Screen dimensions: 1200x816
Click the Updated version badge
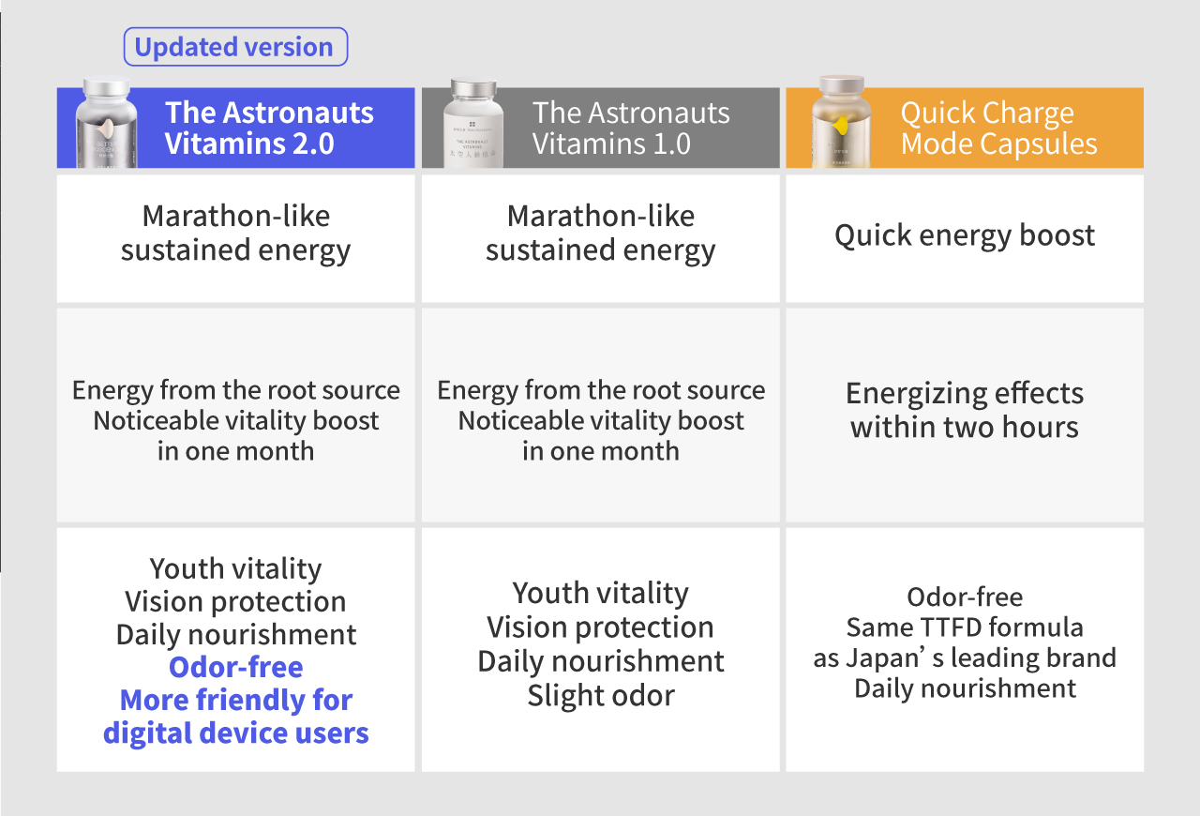tap(235, 47)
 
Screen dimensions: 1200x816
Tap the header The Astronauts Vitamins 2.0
tap(269, 128)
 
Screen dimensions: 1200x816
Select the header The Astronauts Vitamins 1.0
tap(631, 128)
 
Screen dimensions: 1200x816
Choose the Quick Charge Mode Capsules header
tap(998, 128)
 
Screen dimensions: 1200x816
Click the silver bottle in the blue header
tap(106, 123)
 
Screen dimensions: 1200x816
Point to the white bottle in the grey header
tap(473, 124)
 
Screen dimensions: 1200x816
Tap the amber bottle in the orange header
tap(841, 122)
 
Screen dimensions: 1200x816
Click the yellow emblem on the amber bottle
tap(841, 126)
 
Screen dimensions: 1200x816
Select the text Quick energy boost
tap(965, 235)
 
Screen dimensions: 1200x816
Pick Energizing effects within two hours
tap(965, 410)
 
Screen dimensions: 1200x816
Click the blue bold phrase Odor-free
tap(235, 667)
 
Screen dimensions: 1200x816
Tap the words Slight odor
tap(601, 695)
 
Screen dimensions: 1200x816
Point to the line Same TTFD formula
tap(965, 627)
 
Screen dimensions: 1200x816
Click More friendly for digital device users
tap(235, 717)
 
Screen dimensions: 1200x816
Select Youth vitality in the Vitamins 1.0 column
tap(601, 594)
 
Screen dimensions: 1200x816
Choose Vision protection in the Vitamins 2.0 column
tap(235, 601)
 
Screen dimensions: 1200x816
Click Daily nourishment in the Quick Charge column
tap(965, 688)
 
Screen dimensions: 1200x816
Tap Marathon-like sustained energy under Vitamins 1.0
tap(601, 234)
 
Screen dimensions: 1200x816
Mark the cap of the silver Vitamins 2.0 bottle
tap(107, 86)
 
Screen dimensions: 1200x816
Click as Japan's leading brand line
tap(965, 657)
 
